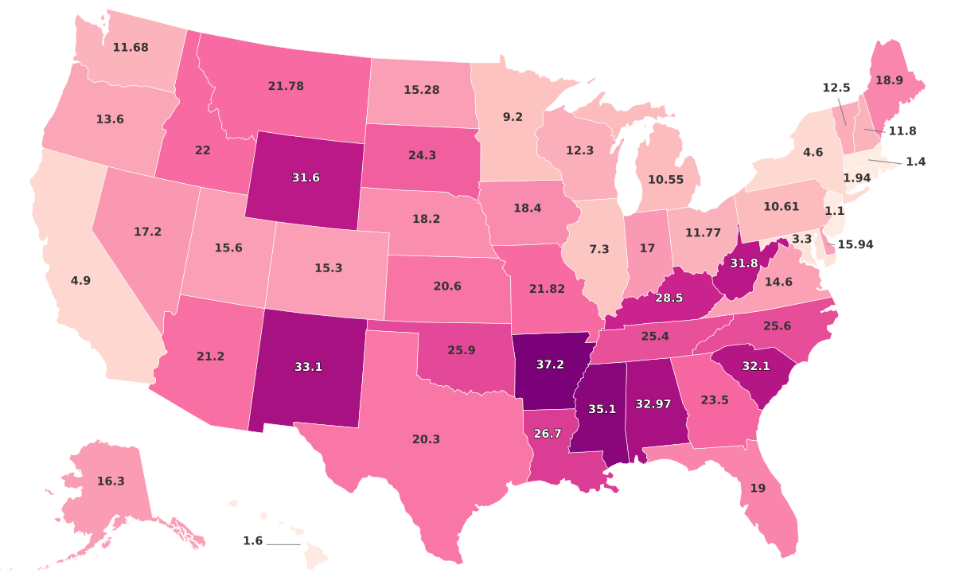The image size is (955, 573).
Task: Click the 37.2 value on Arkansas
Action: pyautogui.click(x=550, y=364)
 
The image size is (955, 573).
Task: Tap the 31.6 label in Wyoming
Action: pyautogui.click(x=306, y=177)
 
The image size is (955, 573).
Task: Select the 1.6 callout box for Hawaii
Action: pyautogui.click(x=252, y=541)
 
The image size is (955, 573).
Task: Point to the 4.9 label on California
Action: pyautogui.click(x=80, y=281)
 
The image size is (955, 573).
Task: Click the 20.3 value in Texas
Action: pyautogui.click(x=426, y=439)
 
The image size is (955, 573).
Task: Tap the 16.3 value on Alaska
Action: pyautogui.click(x=111, y=481)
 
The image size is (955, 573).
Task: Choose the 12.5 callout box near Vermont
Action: pyautogui.click(x=836, y=88)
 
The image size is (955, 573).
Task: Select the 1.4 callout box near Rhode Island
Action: pyautogui.click(x=916, y=162)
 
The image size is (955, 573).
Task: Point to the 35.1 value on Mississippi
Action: pyautogui.click(x=602, y=408)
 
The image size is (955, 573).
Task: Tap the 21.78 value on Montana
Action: pyautogui.click(x=286, y=85)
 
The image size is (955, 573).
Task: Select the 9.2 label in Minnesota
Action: pyautogui.click(x=513, y=116)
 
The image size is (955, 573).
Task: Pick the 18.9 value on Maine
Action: pyautogui.click(x=889, y=80)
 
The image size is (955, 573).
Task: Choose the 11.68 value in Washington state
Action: pyautogui.click(x=131, y=47)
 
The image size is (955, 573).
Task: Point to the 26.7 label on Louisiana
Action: pyautogui.click(x=547, y=433)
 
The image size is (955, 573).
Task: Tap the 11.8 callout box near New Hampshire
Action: pyautogui.click(x=902, y=131)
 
